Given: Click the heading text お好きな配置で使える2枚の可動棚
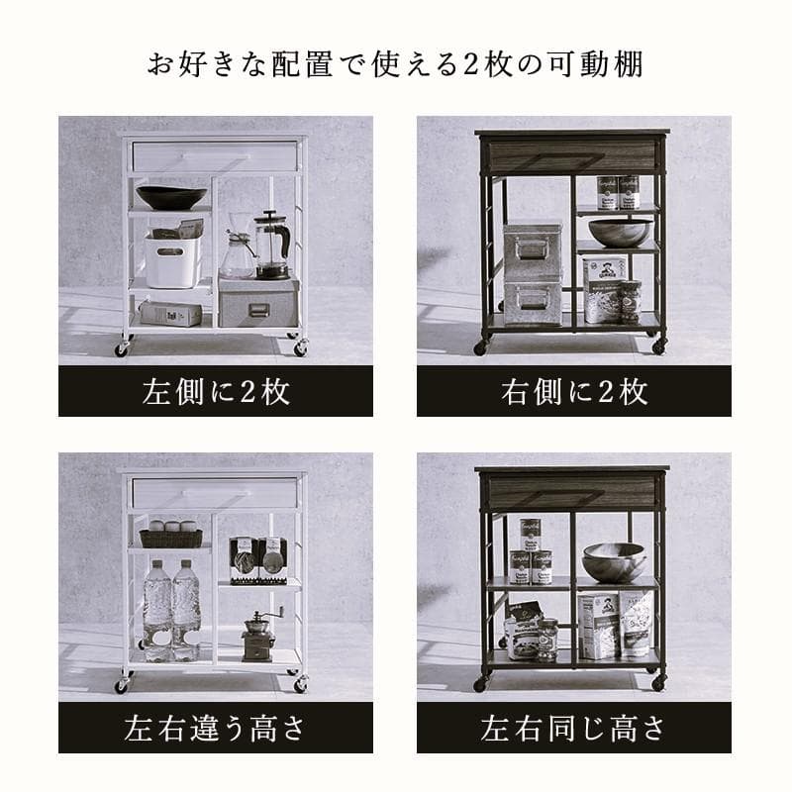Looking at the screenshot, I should coord(396,66).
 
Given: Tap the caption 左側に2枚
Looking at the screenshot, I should coord(215,392).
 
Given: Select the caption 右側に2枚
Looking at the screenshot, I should coord(573,392).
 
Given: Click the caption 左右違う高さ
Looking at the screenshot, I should coord(215,730).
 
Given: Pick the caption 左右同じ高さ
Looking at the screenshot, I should coord(573,730).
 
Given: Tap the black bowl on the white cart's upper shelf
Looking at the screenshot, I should coord(170,197).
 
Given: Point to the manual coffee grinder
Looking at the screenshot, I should coord(258,635).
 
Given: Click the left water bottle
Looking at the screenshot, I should coord(156,609).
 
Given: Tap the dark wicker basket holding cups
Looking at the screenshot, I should coord(170,538).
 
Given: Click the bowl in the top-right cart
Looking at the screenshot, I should coord(620,233).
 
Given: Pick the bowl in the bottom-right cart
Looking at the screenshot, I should coord(613,561).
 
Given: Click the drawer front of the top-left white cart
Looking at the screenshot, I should coord(214,155).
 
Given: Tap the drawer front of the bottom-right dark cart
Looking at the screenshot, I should coord(571,491).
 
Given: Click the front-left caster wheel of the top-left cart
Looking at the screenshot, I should coord(122,349).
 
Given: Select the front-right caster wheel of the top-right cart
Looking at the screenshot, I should coord(658,346).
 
